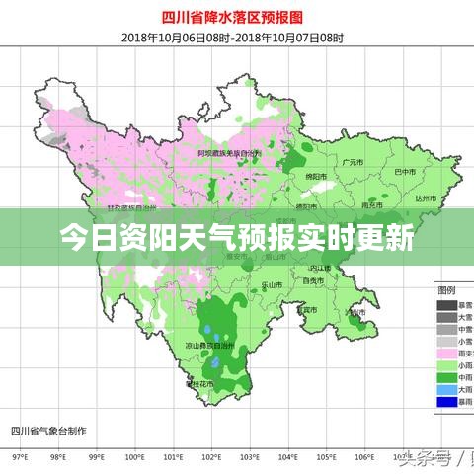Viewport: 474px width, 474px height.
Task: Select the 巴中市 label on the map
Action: click(406, 172)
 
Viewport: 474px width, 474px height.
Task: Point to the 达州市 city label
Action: click(426, 199)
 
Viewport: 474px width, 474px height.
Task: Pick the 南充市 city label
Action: click(372, 205)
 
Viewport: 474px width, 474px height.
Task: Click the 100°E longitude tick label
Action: click(134, 459)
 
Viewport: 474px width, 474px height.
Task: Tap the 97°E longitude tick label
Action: click(19, 459)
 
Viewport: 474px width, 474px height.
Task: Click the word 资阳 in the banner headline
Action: click(163, 238)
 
